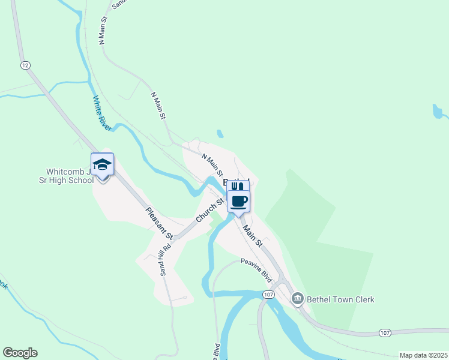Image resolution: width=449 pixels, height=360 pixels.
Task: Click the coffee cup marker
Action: pyautogui.click(x=238, y=201)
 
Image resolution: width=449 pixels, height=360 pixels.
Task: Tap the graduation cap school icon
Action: pyautogui.click(x=102, y=165)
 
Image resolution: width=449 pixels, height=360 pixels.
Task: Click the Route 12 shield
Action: pyautogui.click(x=25, y=65)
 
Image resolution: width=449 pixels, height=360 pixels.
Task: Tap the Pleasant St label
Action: pyautogui.click(x=159, y=222)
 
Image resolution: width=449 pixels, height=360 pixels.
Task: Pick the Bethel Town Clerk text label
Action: pyautogui.click(x=340, y=299)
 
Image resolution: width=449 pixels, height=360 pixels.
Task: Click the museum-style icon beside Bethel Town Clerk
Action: pyautogui.click(x=297, y=299)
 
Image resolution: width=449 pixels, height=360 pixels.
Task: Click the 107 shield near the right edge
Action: pyautogui.click(x=385, y=332)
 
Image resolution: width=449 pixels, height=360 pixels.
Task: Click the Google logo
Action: pyautogui.click(x=20, y=353)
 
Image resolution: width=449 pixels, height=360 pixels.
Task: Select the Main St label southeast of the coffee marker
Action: pyautogui.click(x=252, y=236)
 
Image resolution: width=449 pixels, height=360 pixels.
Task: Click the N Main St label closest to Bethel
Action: pyautogui.click(x=212, y=164)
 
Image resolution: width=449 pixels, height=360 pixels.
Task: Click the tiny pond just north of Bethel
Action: pyautogui.click(x=220, y=134)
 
